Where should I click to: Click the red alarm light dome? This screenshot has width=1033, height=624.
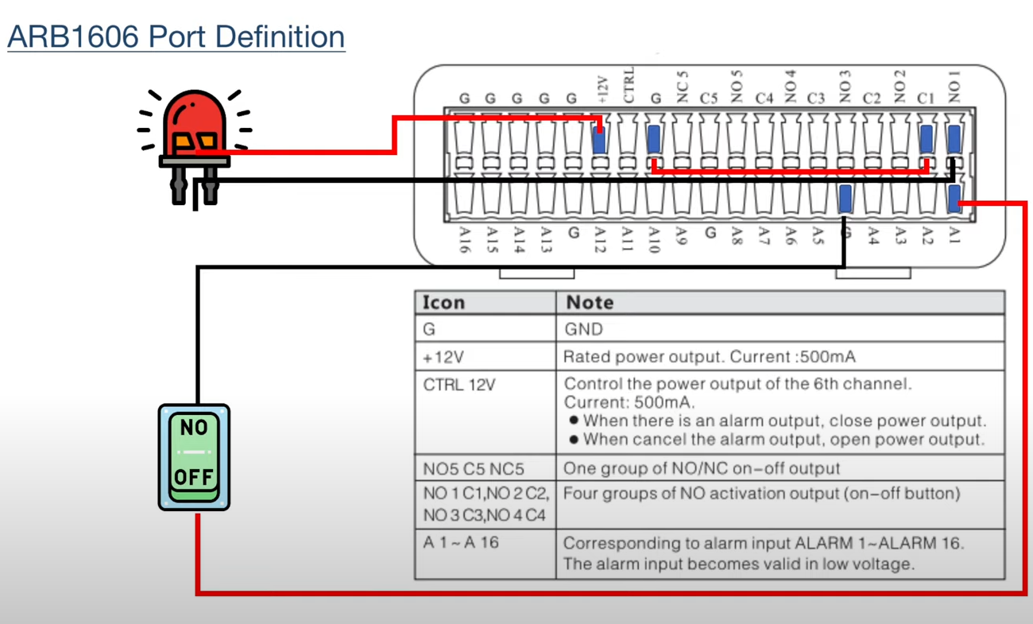click(194, 122)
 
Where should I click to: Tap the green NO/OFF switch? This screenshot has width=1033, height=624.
click(194, 457)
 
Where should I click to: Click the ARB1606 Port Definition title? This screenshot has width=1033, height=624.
click(176, 37)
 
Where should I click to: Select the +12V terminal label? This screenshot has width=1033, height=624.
click(602, 90)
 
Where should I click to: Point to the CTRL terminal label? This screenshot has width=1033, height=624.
click(629, 85)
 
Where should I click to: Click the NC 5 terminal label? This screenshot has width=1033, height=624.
click(683, 87)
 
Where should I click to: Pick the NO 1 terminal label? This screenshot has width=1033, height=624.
click(954, 87)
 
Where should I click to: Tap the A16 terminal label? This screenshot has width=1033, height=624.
click(465, 239)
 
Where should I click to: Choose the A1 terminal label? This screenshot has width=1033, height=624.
click(954, 234)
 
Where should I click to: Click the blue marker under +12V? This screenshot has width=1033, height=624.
click(599, 139)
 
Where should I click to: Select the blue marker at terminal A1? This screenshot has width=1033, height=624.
click(954, 199)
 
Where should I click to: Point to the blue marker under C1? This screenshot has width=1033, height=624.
click(927, 139)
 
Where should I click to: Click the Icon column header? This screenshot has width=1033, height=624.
click(443, 303)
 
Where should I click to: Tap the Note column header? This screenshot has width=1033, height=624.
click(590, 303)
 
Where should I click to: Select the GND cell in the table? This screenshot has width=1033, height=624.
click(584, 329)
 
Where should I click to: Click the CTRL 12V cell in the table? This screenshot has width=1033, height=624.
click(459, 385)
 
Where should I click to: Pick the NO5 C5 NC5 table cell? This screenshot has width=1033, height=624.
click(474, 469)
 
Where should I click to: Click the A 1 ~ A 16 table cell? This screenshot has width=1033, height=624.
click(461, 542)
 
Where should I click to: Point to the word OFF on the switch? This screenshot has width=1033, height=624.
click(194, 477)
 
